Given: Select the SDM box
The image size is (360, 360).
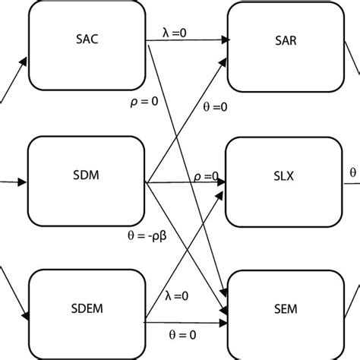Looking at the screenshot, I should tap(87, 175).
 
